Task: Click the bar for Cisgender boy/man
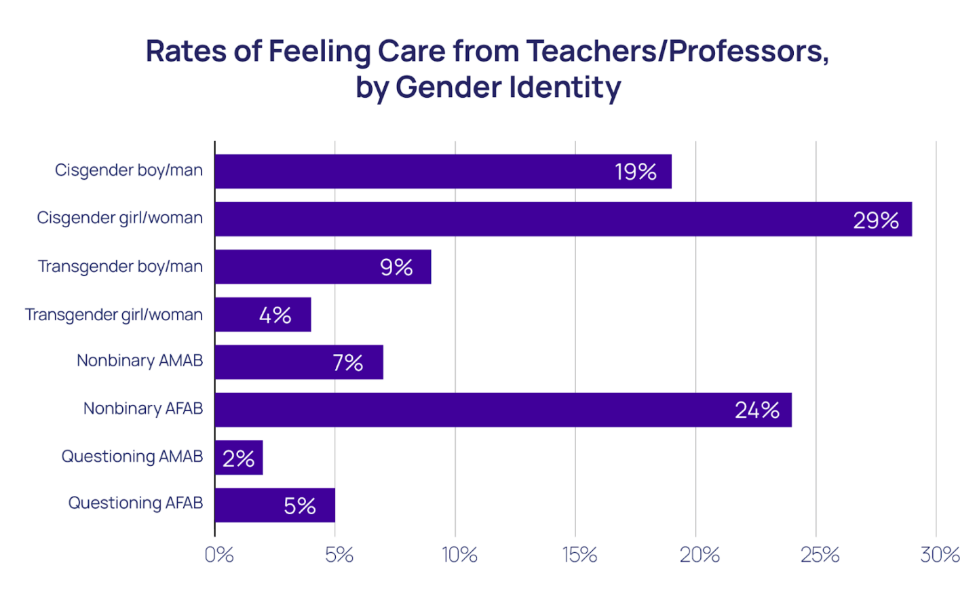(x=443, y=172)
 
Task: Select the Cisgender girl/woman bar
(x=563, y=219)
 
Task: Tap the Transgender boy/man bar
(x=323, y=267)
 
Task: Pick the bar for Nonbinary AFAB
(x=503, y=410)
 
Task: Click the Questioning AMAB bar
(x=239, y=458)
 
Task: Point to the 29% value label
(x=875, y=220)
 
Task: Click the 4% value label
(x=275, y=315)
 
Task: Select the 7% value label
(x=347, y=363)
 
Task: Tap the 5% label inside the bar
(x=299, y=506)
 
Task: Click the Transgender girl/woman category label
(x=114, y=315)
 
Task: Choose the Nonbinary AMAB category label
(x=140, y=360)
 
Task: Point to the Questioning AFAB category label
(x=136, y=503)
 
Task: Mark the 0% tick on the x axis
(x=219, y=555)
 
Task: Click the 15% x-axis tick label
(x=579, y=555)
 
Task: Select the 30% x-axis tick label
(x=940, y=555)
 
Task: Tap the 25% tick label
(x=820, y=555)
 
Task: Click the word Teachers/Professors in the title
(x=677, y=52)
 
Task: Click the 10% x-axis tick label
(x=459, y=555)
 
